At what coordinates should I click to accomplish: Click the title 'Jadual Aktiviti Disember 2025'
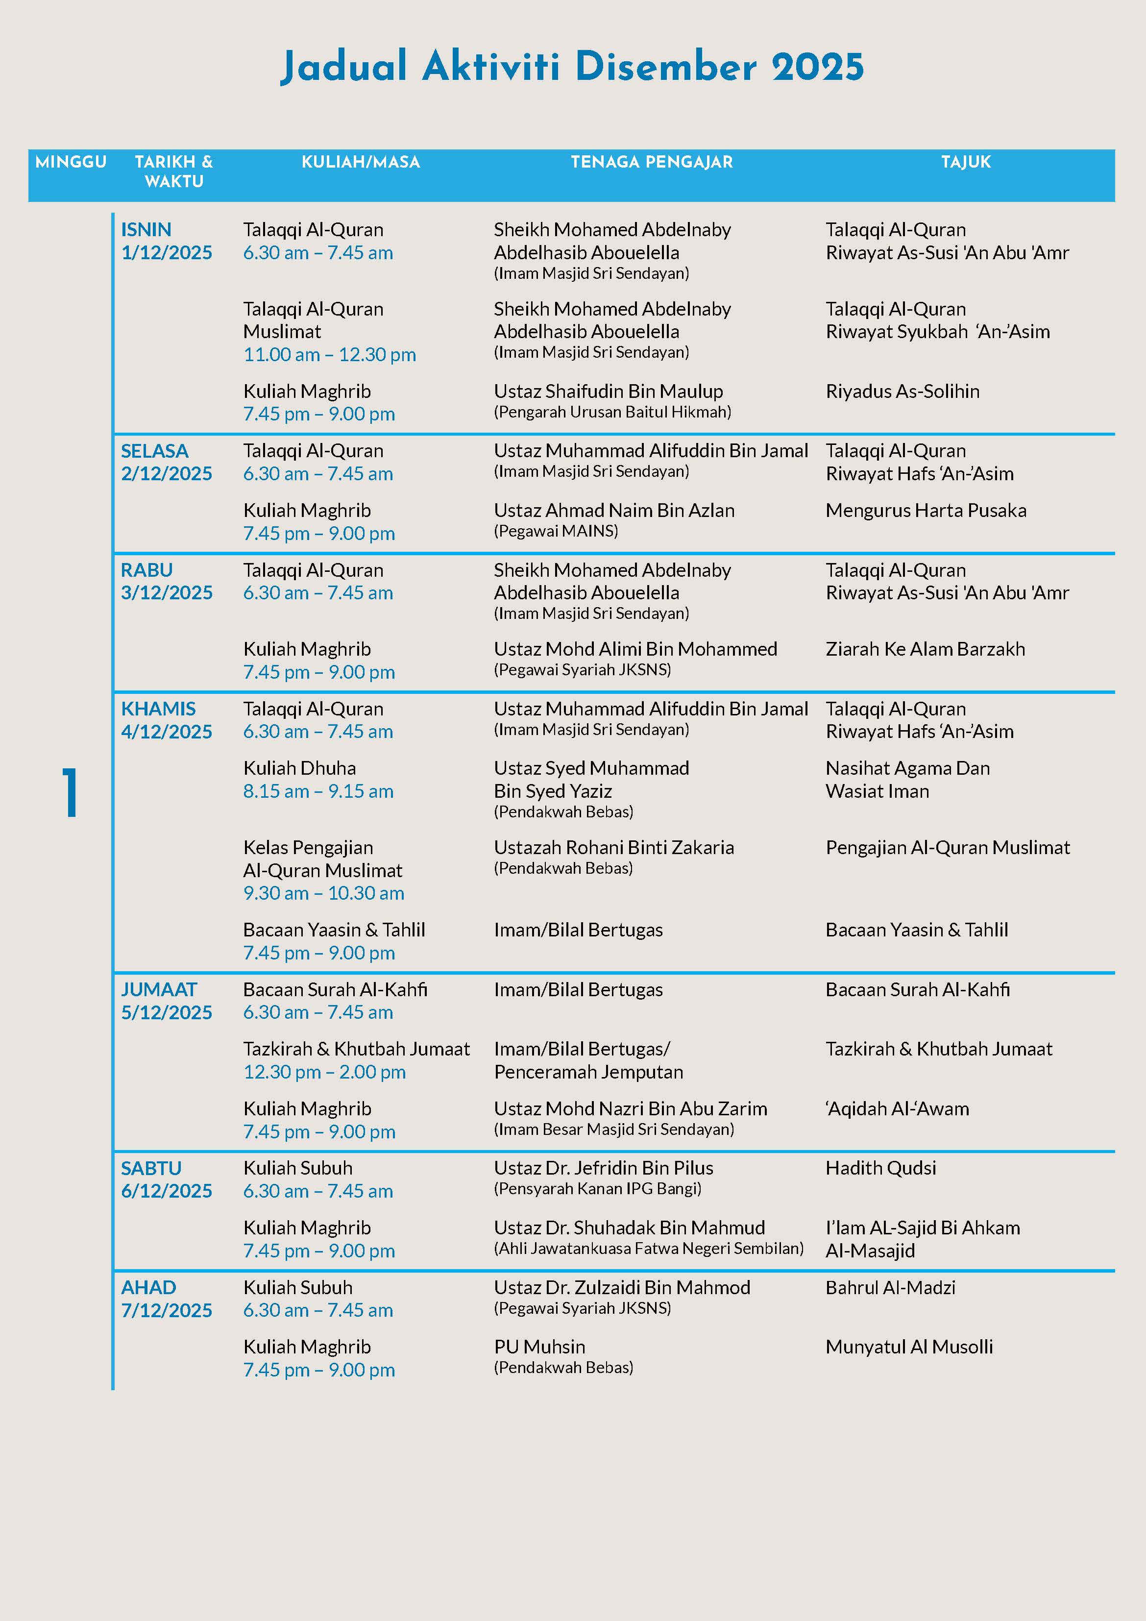pos(572,67)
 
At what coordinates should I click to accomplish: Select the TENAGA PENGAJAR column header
pos(652,162)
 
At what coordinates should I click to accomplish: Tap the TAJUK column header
pos(965,162)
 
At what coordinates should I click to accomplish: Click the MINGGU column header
pos(71,162)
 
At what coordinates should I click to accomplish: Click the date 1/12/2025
pos(167,253)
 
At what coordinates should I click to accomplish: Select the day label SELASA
pos(155,451)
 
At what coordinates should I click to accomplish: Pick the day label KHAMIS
pos(158,709)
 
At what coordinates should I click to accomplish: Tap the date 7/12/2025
pos(167,1310)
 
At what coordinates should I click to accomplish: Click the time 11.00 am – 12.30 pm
pos(330,354)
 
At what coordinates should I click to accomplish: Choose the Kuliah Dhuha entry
pos(299,768)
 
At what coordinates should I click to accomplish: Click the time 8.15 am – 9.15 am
pos(318,791)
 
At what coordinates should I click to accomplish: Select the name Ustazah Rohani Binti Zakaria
pos(613,847)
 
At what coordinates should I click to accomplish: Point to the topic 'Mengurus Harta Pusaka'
pos(926,511)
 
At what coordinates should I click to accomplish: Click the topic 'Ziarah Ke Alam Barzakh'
pos(925,649)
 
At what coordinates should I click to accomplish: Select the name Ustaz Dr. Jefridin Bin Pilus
pos(604,1168)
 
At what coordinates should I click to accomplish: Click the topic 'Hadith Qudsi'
pos(880,1168)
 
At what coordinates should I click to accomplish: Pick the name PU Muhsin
pos(539,1347)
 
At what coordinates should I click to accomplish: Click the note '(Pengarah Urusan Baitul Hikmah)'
pos(612,412)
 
